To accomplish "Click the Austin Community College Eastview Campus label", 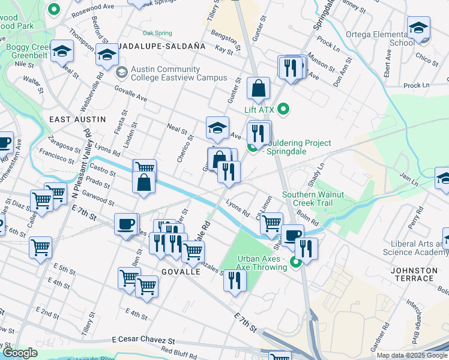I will tap(179, 73).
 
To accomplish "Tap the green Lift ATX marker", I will tap(284, 109).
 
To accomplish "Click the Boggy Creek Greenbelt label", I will tap(28, 52).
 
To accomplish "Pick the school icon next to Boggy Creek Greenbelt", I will tap(62, 52).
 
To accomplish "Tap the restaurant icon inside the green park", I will tap(234, 280).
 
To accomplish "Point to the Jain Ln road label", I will tap(408, 179).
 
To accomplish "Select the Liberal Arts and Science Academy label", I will tap(419, 248).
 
